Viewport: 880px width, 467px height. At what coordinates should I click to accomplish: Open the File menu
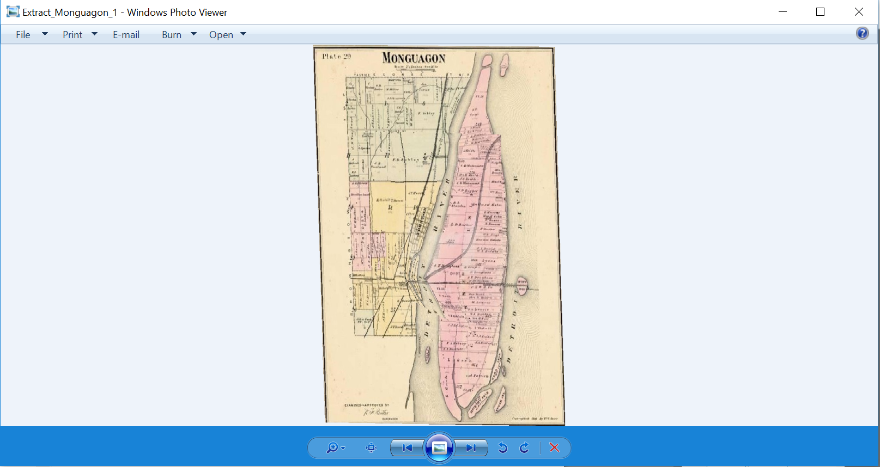point(23,35)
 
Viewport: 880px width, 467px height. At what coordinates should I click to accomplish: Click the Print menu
point(72,35)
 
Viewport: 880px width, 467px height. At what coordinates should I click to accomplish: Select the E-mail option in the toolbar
point(126,35)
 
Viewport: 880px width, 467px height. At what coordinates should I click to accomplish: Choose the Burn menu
point(172,35)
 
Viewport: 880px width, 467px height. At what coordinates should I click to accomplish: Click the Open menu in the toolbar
point(221,35)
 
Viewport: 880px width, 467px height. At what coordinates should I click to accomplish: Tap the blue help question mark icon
point(862,34)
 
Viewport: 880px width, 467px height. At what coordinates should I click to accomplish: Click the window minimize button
point(782,12)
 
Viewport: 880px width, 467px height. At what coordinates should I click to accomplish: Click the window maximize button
point(820,12)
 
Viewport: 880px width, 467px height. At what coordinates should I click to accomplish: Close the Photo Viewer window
point(859,12)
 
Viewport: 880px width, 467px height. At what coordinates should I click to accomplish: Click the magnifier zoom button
point(332,448)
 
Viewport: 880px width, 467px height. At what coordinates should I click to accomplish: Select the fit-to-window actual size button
point(372,448)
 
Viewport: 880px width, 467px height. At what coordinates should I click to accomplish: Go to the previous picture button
point(407,448)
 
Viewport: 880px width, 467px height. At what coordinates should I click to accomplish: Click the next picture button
point(471,448)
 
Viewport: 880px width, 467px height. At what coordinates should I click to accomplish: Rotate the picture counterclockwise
point(503,448)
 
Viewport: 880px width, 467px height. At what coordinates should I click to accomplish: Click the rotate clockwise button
point(524,448)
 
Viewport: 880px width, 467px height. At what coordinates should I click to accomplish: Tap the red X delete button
point(554,447)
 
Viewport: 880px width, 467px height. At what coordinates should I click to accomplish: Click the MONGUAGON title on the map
point(414,58)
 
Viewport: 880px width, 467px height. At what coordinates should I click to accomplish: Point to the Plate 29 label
point(336,56)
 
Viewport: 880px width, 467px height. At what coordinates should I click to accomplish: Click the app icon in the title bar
point(13,12)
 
